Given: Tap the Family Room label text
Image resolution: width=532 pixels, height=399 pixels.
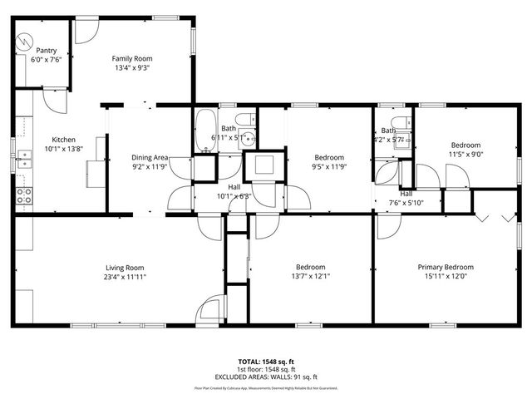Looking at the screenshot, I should tap(132, 59).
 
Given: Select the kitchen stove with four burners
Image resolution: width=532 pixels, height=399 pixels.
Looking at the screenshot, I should tap(24, 196).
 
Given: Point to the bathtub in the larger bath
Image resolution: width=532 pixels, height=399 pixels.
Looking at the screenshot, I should tap(204, 131).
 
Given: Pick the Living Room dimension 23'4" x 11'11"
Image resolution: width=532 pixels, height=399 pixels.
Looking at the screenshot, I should tap(125, 277).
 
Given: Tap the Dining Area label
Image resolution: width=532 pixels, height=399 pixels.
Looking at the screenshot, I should tap(150, 157).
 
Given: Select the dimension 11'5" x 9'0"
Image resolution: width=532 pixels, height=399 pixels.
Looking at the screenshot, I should tap(466, 154).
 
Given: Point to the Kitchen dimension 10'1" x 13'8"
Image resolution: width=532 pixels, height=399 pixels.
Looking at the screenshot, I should tap(64, 149).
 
